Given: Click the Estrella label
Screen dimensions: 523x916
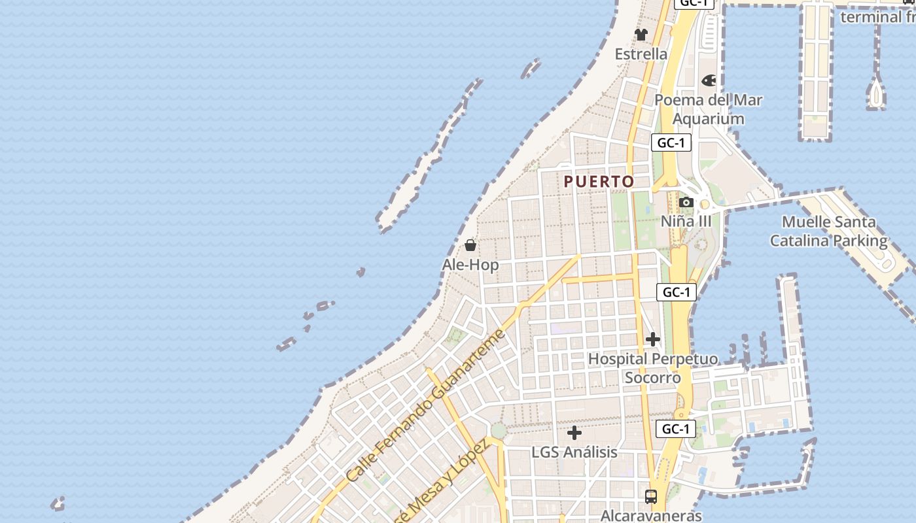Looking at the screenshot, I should click(641, 54).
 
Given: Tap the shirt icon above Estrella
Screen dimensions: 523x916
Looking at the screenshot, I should click(641, 35).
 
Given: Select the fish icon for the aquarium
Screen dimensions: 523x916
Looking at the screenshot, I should click(709, 81).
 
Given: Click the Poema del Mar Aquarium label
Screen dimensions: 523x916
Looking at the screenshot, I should click(709, 109).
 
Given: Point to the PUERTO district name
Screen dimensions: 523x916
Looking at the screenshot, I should click(599, 182).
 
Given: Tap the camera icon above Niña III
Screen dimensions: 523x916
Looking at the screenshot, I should click(686, 203).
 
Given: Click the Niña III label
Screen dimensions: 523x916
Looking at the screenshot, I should click(686, 221).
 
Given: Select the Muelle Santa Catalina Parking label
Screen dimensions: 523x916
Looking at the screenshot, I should click(828, 231).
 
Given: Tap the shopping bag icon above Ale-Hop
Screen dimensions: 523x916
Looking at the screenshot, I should click(470, 246).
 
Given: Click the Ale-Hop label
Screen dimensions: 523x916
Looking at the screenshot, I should click(470, 265).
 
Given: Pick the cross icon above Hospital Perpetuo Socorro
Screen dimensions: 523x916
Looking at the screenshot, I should click(652, 339).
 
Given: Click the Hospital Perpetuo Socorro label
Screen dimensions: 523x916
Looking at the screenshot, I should click(652, 368).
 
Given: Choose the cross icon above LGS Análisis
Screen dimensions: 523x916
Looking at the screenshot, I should click(574, 433).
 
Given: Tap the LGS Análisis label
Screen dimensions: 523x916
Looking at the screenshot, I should click(574, 452).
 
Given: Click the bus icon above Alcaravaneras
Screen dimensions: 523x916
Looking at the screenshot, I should click(651, 496).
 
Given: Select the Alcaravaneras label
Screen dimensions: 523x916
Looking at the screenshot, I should click(651, 515).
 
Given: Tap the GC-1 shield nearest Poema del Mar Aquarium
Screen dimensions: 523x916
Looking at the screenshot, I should click(671, 143).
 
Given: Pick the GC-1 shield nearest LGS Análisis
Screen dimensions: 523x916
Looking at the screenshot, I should click(675, 429).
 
